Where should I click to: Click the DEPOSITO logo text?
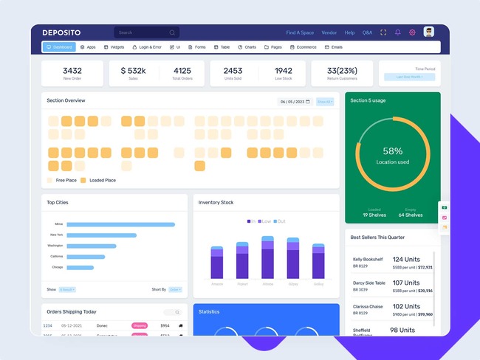pyautogui.click(x=61, y=32)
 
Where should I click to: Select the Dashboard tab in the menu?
pyautogui.click(x=59, y=47)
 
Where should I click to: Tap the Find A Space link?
pyautogui.click(x=300, y=32)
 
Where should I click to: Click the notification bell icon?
pyautogui.click(x=398, y=32)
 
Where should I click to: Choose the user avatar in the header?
pyautogui.click(x=428, y=32)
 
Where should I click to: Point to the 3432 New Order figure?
pyautogui.click(x=72, y=71)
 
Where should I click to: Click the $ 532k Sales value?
pyautogui.click(x=133, y=71)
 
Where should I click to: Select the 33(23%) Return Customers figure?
pyautogui.click(x=342, y=71)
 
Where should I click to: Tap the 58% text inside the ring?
pyautogui.click(x=393, y=150)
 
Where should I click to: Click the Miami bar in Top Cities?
pyautogui.click(x=120, y=224)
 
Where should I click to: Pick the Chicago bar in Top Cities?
pyautogui.click(x=80, y=267)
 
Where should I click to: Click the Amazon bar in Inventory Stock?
pyautogui.click(x=217, y=263)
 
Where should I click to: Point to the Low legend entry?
pyautogui.click(x=265, y=221)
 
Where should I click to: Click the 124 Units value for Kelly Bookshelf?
pyautogui.click(x=406, y=260)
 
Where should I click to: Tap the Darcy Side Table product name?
pyautogui.click(x=369, y=283)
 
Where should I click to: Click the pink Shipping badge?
pyautogui.click(x=140, y=325)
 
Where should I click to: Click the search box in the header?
pyautogui.click(x=146, y=32)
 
